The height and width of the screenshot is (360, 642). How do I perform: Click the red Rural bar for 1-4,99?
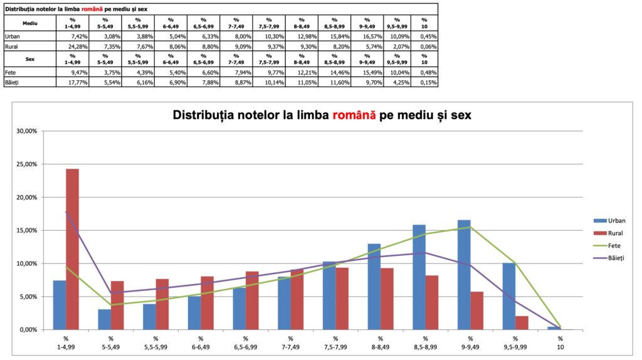tap(72, 249)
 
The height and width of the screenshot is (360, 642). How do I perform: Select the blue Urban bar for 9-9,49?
tap(464, 275)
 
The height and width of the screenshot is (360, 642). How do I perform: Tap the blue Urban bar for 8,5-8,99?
tap(419, 277)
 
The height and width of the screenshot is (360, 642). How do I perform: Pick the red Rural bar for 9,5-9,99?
tap(522, 322)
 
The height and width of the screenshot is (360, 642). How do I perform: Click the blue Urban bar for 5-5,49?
tap(104, 319)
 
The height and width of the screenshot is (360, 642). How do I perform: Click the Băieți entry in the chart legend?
tap(615, 258)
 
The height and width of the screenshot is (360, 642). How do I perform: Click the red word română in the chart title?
tap(354, 115)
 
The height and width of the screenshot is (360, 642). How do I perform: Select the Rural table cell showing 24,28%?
tap(73, 47)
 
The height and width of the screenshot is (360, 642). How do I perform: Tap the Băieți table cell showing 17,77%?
tap(73, 82)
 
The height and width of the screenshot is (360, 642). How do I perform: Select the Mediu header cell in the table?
tap(29, 22)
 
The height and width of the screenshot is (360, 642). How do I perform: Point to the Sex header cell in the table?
tap(29, 58)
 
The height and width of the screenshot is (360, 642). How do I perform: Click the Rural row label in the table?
tap(12, 47)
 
